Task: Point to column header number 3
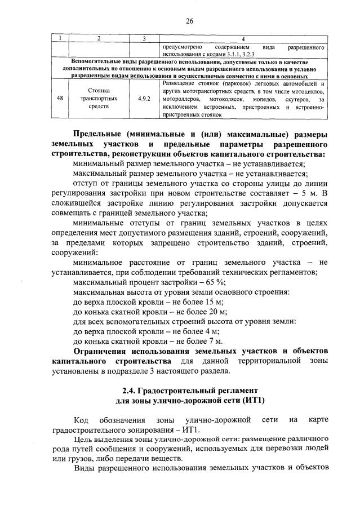pos(144,38)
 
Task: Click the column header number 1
pos(60,38)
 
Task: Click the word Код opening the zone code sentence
pos(82,420)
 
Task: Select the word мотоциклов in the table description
pos(306,91)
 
